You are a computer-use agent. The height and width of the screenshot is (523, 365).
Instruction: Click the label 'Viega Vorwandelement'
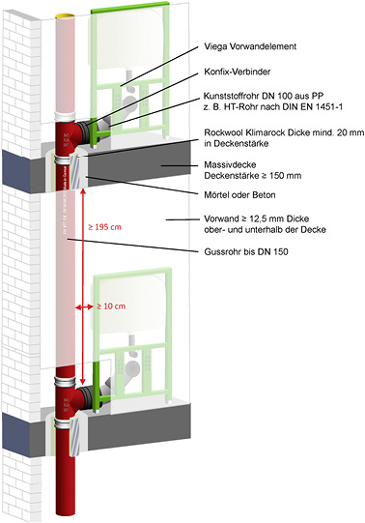[254, 46]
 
